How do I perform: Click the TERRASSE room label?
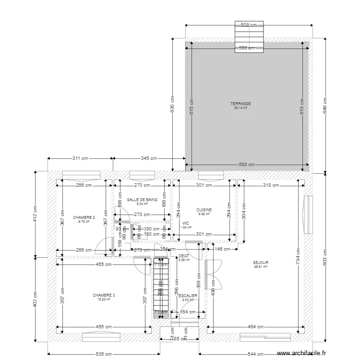click(240, 104)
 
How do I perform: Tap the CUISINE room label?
click(204, 210)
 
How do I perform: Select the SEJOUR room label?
click(261, 263)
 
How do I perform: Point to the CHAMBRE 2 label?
click(84, 217)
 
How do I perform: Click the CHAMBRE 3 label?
click(104, 295)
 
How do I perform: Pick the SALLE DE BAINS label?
click(142, 199)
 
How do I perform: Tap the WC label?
click(185, 223)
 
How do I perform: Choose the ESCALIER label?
click(188, 296)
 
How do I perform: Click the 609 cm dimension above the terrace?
click(248, 24)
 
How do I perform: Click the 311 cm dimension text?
click(80, 158)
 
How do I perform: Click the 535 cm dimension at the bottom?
click(104, 354)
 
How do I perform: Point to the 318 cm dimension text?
click(271, 185)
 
